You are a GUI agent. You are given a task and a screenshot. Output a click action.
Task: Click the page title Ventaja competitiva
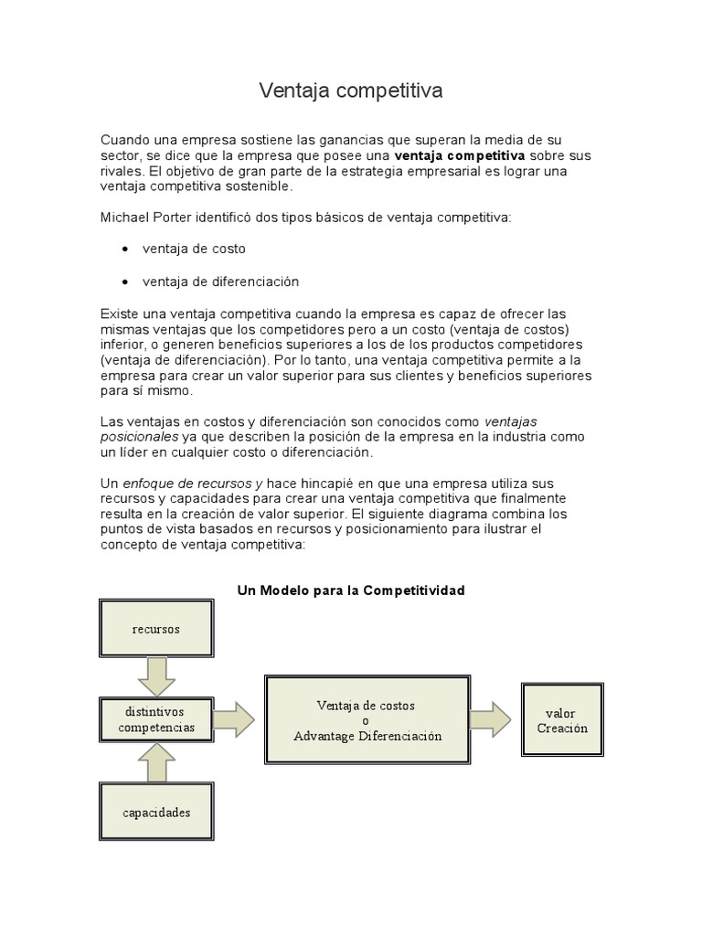click(351, 90)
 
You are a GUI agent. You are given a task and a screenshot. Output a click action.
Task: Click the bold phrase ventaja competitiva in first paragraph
click(459, 155)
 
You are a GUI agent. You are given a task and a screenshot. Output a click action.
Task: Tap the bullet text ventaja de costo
click(194, 249)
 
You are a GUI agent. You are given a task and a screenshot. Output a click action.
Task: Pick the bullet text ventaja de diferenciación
click(220, 282)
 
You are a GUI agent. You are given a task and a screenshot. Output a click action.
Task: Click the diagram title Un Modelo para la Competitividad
click(351, 590)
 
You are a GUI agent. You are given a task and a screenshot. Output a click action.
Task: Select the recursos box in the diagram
click(155, 630)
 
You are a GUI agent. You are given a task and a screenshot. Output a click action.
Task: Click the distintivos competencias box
click(155, 719)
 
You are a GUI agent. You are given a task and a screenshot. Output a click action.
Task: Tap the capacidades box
click(155, 812)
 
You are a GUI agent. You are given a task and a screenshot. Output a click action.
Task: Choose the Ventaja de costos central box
click(367, 720)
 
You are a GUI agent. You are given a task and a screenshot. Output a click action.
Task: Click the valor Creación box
click(561, 720)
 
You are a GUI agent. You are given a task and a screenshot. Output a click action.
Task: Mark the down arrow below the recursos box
click(155, 677)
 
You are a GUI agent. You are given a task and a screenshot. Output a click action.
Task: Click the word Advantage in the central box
click(326, 736)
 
